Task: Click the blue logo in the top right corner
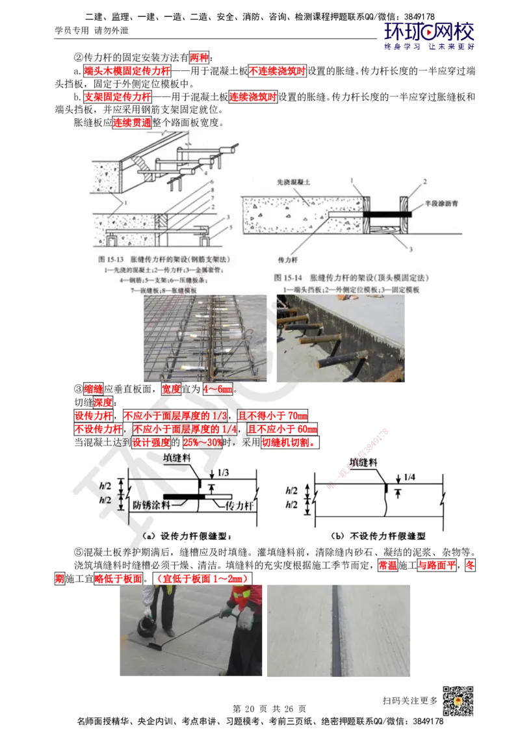coord(430,35)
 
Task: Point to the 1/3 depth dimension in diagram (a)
coord(222,473)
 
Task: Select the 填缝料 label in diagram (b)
coord(364,462)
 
